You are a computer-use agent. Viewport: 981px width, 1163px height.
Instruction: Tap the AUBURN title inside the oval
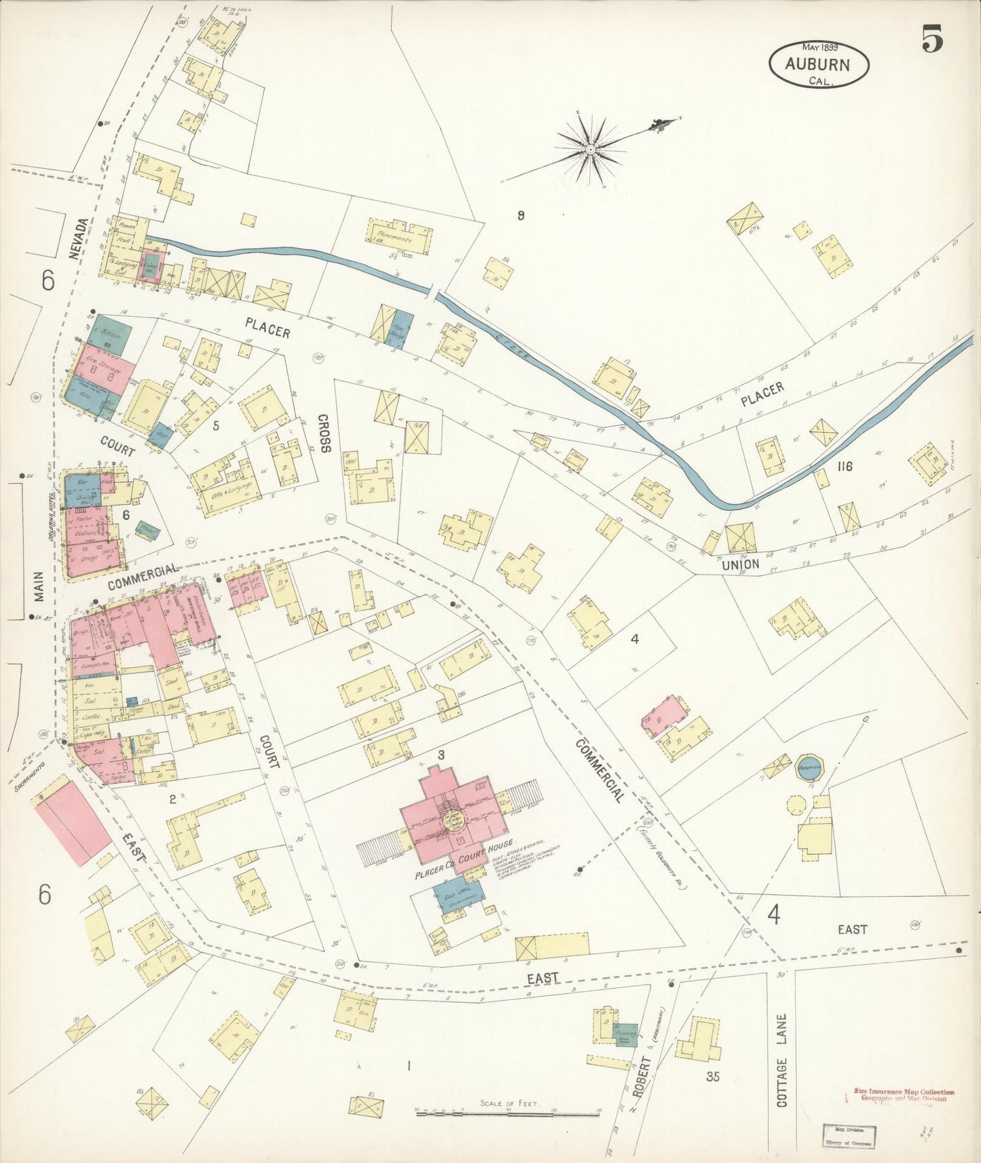pyautogui.click(x=818, y=64)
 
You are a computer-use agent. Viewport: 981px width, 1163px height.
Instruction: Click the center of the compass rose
pyautogui.click(x=591, y=148)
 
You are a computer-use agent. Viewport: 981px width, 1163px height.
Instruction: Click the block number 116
pyautogui.click(x=845, y=466)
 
